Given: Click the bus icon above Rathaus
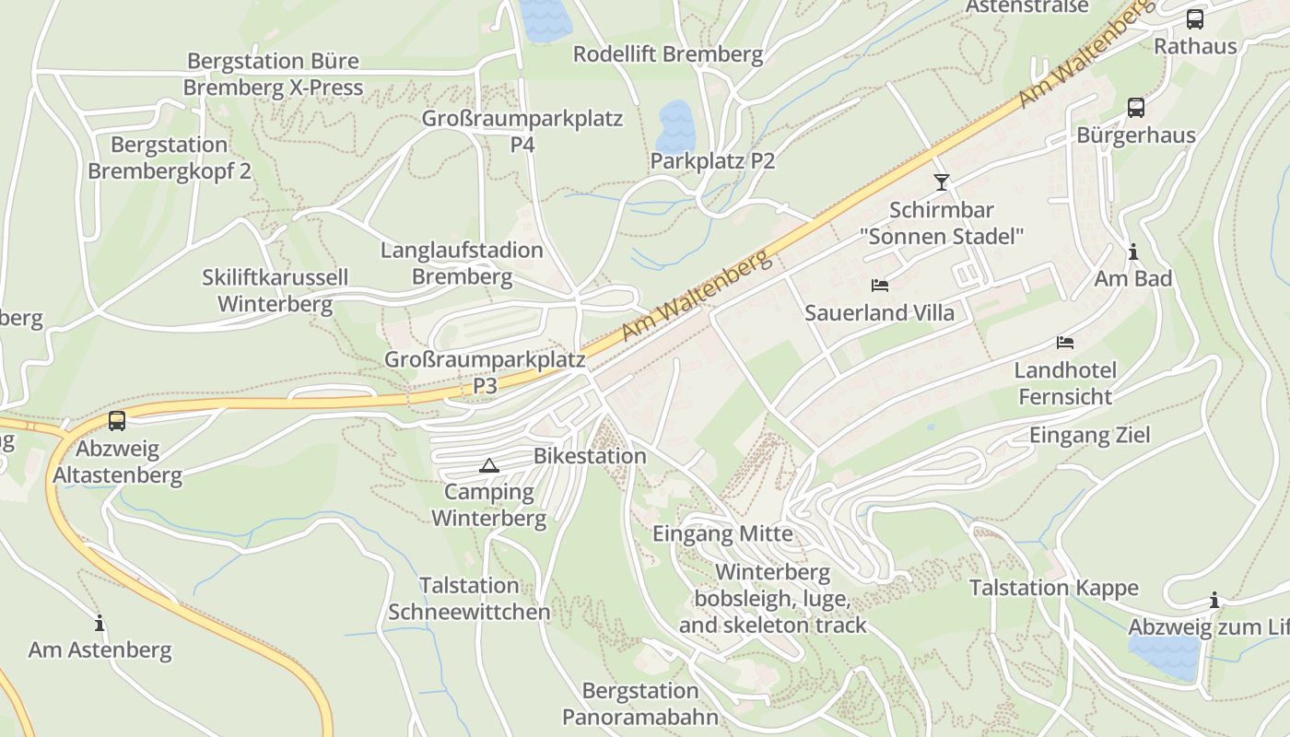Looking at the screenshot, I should click(x=1194, y=18).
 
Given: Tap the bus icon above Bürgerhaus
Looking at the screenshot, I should click(x=1136, y=108).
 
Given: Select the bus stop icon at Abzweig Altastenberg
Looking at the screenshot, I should click(x=117, y=421).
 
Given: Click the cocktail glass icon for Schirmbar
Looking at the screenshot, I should click(x=941, y=181).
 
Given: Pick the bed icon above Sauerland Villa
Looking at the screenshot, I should click(x=880, y=286).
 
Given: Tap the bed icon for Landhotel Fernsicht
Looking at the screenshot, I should click(x=1065, y=343).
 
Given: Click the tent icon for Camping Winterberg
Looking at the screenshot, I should click(x=489, y=465).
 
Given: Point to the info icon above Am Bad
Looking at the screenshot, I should click(x=1133, y=252).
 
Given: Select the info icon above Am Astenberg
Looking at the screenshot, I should click(x=100, y=623).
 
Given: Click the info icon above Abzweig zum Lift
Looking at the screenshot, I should click(x=1214, y=601).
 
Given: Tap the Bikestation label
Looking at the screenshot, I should click(x=590, y=456).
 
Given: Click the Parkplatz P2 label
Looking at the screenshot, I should click(x=712, y=161).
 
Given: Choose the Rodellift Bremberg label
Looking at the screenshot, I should click(x=668, y=54).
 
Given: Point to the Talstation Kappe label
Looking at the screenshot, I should click(x=1053, y=588).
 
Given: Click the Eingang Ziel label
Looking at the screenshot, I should click(x=1089, y=435).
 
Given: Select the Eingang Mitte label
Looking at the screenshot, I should click(x=722, y=533).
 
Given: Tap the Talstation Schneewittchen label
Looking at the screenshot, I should click(x=469, y=599).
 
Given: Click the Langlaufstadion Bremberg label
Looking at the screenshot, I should click(x=462, y=263).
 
